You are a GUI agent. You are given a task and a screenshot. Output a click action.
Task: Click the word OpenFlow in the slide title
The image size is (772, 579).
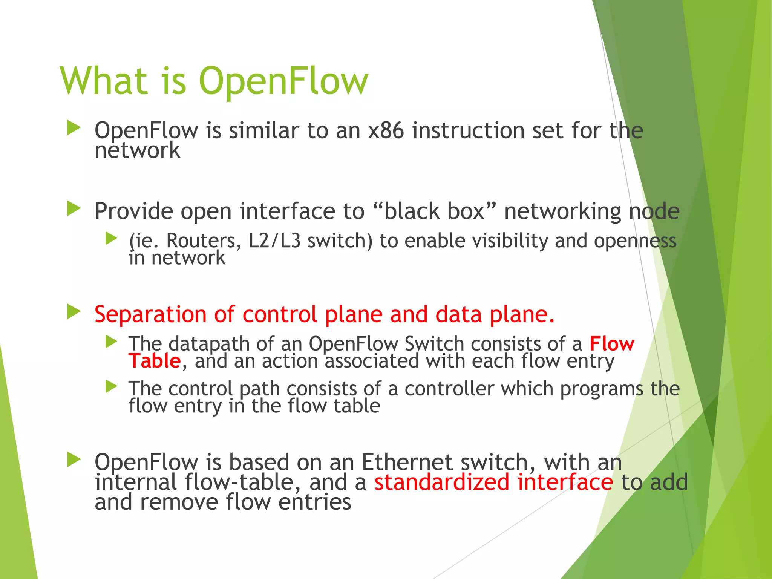283,81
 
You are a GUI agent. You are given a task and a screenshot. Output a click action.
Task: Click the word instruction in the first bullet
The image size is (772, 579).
468,131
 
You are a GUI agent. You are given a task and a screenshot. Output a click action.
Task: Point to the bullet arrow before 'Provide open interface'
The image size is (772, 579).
74,208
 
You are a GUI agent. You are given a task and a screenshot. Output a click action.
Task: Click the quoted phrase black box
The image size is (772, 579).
434,211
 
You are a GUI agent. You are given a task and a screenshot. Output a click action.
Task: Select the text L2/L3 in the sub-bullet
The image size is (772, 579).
274,241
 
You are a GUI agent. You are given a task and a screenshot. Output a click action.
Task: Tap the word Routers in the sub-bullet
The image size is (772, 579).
204,241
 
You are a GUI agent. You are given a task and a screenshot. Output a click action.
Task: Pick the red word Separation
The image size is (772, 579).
150,314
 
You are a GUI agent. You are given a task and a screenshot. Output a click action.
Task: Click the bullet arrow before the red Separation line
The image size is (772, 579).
74,312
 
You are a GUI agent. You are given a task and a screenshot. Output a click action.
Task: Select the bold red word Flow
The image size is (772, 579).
612,344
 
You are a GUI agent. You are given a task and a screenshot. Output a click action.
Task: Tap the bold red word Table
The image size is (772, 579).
155,361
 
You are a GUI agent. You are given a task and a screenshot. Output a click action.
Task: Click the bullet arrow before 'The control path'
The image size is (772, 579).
111,386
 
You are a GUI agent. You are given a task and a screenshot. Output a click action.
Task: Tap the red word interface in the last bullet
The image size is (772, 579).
565,482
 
